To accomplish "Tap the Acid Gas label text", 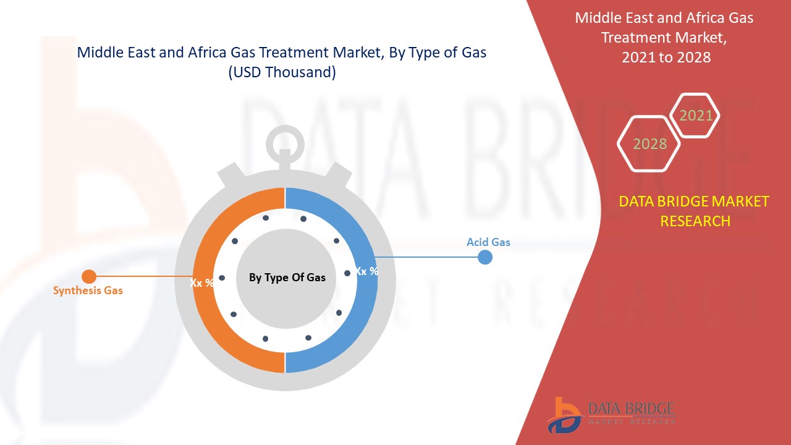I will tap(488, 242).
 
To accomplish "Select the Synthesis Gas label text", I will tap(88, 290).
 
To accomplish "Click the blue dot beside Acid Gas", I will tap(485, 257).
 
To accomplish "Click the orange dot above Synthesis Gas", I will tap(89, 276).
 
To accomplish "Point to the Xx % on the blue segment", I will tap(366, 271).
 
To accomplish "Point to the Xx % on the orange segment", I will tap(202, 282).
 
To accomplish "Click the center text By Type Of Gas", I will tap(287, 278).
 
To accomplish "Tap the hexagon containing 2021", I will tap(695, 115).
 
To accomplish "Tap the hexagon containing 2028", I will tap(649, 143).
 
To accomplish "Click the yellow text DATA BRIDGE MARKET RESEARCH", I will tap(695, 211).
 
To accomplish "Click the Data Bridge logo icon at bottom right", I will tap(564, 414).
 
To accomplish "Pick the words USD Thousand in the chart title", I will tap(282, 72).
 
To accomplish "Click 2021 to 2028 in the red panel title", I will tap(666, 57).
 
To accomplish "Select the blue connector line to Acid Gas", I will tap(426, 256).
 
